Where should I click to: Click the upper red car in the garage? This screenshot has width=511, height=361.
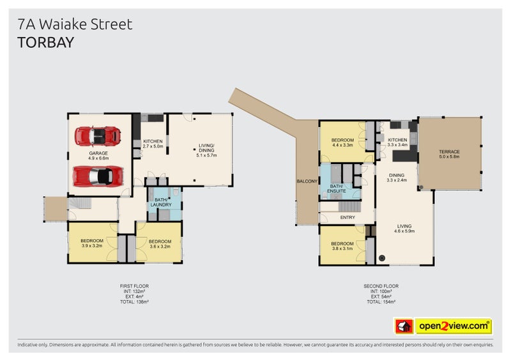(97, 136)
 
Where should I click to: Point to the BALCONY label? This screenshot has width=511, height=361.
(307, 181)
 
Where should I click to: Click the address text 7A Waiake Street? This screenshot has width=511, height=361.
(75, 24)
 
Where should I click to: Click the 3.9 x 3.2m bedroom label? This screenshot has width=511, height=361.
(92, 243)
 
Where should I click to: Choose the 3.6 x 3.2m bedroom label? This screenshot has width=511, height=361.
(160, 243)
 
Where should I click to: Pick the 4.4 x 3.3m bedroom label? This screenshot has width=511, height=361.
(342, 142)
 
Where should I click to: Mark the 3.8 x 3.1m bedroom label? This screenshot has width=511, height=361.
(342, 246)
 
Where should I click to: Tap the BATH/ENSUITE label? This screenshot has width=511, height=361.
(336, 188)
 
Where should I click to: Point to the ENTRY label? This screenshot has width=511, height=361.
(347, 218)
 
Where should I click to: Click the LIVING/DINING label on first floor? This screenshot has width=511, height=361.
(207, 151)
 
